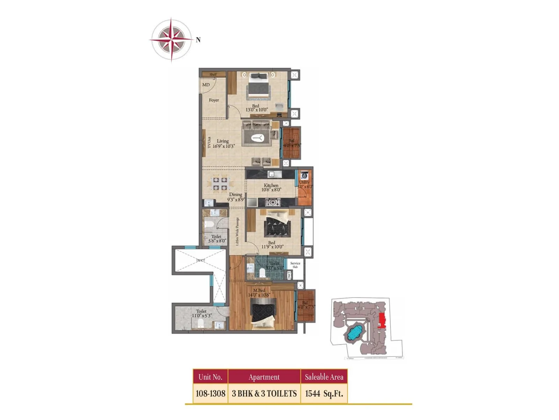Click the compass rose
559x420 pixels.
(171, 39)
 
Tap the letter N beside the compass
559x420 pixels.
(198, 40)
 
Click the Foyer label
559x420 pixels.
(214, 100)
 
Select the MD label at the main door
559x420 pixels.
(206, 85)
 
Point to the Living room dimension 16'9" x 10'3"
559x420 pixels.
(224, 146)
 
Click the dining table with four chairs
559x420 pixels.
(219, 184)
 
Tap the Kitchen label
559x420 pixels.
(271, 185)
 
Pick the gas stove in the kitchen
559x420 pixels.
(273, 202)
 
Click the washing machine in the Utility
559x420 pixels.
(304, 175)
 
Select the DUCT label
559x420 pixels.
(201, 260)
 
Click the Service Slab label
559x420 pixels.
(295, 265)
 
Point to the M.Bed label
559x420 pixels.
(259, 290)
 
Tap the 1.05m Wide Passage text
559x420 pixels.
(237, 231)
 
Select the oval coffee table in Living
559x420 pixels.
(258, 138)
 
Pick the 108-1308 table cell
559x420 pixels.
(210, 393)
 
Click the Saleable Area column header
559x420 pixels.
(324, 377)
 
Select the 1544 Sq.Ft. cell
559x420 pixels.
(324, 393)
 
